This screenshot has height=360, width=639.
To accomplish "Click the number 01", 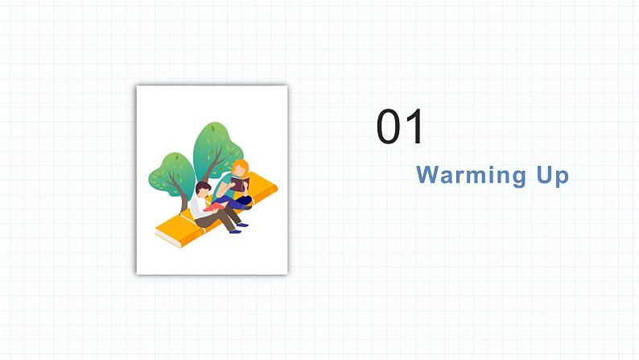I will point(400,128).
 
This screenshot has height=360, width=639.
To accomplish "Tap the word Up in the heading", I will point(551,176).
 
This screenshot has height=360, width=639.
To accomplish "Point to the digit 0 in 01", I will point(389,128).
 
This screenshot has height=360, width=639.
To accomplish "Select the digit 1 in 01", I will point(414,128).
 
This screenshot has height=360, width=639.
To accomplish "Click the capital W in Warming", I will point(427,175).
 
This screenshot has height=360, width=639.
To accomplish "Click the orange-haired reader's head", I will point(240,169).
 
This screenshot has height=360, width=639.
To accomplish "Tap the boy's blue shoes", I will point(236,231).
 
